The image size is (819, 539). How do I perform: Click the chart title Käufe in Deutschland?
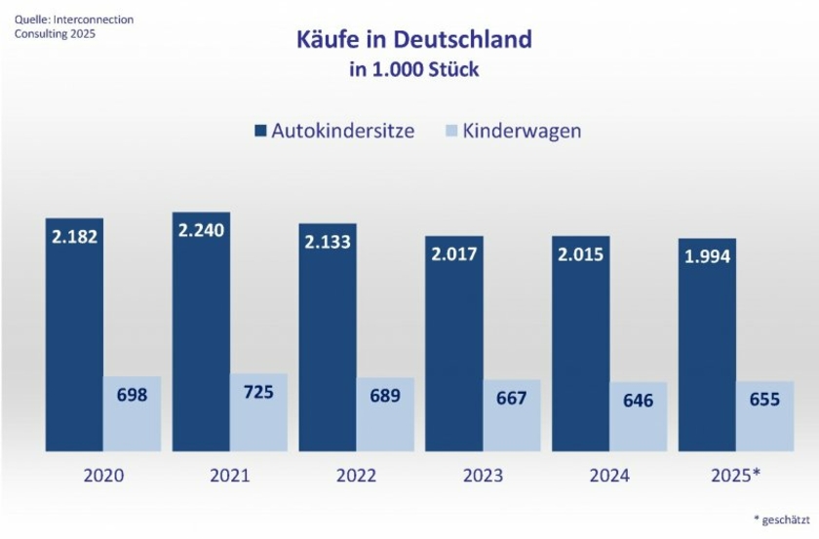413,40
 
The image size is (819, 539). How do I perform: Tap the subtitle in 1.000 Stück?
413,70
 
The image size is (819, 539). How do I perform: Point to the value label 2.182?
74,238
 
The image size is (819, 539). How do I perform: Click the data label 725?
258,393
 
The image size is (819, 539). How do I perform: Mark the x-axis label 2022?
356,476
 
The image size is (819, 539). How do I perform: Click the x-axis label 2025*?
736,476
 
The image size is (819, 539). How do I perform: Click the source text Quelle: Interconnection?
74,19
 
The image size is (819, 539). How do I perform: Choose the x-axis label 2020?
103,476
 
